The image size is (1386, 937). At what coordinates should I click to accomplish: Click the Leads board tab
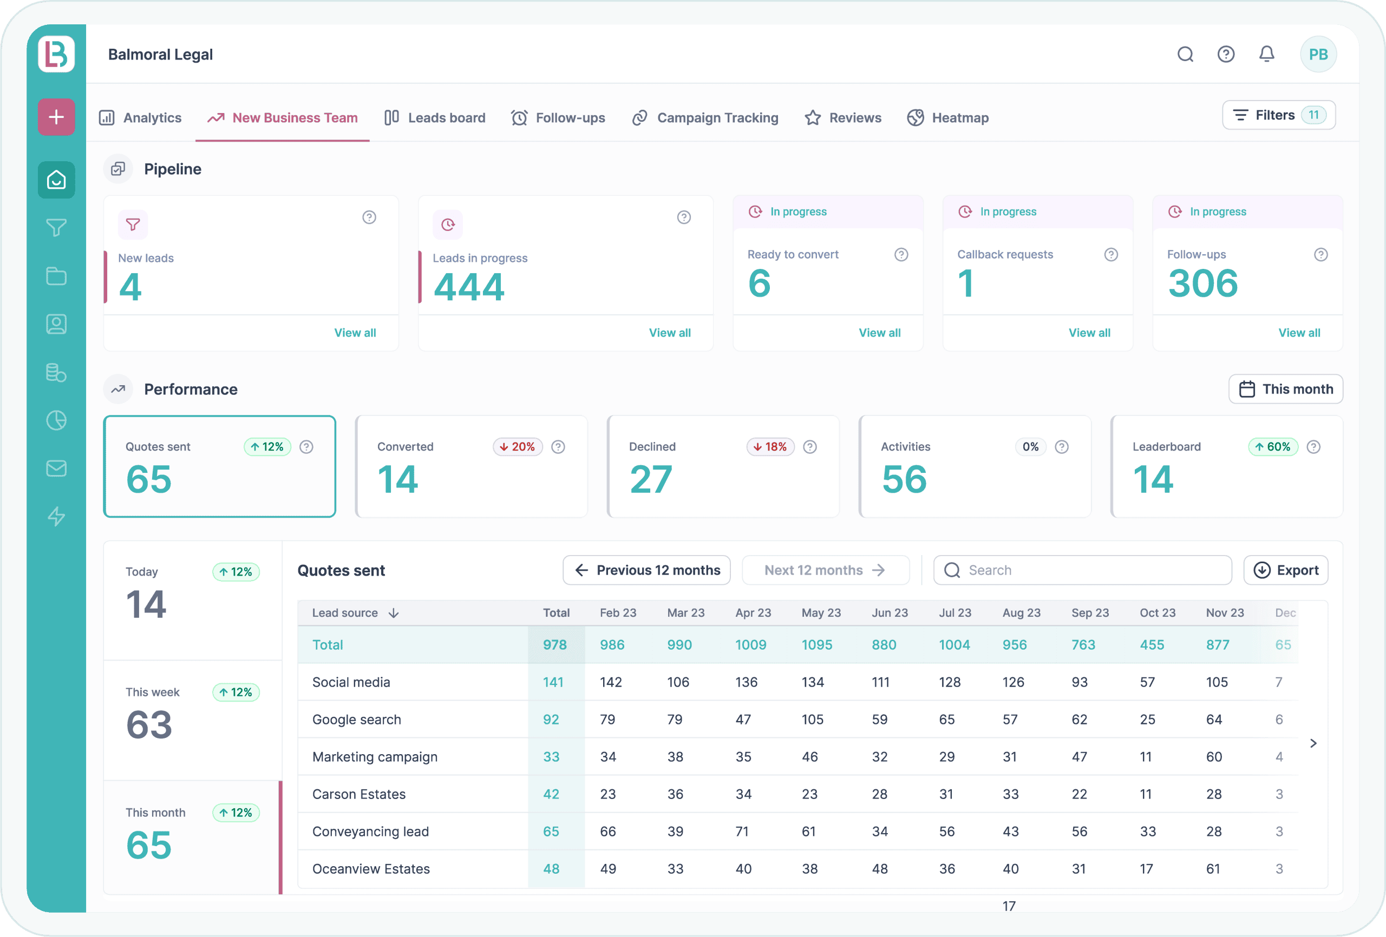click(x=435, y=118)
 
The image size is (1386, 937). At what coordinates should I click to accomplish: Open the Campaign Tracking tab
click(x=705, y=118)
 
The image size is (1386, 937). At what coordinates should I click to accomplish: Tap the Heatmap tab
click(x=948, y=118)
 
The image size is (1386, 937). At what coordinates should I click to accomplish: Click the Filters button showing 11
click(x=1278, y=115)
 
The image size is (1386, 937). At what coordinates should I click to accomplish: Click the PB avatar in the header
click(x=1317, y=54)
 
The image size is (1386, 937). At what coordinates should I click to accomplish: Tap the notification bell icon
click(x=1266, y=54)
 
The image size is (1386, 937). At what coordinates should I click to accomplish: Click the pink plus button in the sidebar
click(x=57, y=117)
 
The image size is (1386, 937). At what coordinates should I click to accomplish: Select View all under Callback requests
click(x=1089, y=333)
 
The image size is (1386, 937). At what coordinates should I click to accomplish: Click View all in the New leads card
click(x=355, y=333)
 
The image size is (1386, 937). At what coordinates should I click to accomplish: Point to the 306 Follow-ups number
click(x=1202, y=283)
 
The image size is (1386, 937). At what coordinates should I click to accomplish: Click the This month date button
click(x=1285, y=389)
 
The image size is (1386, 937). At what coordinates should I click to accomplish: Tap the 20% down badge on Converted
click(x=517, y=446)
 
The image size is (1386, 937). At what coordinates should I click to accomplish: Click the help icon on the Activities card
click(x=1061, y=446)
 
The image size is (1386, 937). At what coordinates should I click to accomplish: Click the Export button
click(x=1285, y=570)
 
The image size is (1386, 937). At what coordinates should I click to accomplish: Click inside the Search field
click(x=1082, y=570)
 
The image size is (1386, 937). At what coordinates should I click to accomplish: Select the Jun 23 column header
click(x=889, y=613)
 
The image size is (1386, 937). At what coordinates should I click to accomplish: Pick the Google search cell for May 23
click(x=812, y=720)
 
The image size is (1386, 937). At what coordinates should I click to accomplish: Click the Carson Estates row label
click(x=358, y=794)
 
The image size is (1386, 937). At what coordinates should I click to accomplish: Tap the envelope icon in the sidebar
click(x=57, y=468)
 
